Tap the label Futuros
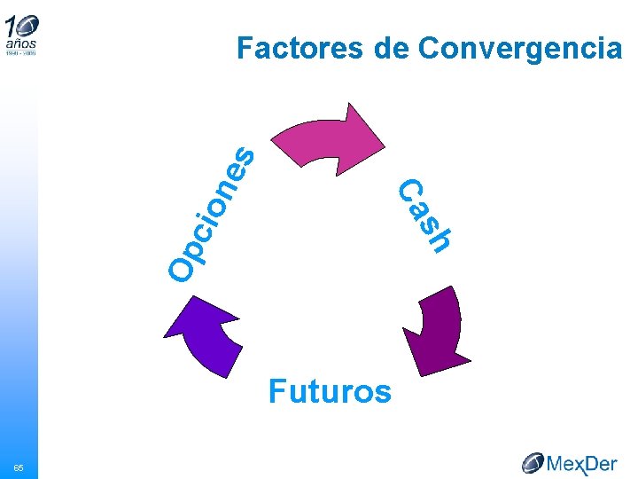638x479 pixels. (x=330, y=391)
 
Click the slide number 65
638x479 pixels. (x=18, y=467)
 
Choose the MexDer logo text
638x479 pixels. (x=582, y=463)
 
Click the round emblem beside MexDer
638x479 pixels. (x=533, y=462)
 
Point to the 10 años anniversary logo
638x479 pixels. (x=21, y=34)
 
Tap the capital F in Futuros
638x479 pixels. (x=277, y=391)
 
